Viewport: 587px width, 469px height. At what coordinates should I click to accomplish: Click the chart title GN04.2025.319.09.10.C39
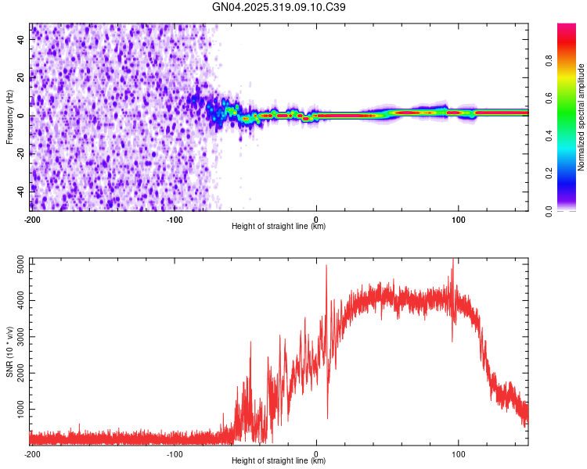click(x=279, y=7)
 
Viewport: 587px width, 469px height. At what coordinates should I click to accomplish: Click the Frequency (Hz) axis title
click(x=9, y=117)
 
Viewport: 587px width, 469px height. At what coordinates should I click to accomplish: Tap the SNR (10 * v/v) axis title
click(x=9, y=352)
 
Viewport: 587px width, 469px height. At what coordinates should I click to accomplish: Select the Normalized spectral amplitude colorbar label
click(x=582, y=117)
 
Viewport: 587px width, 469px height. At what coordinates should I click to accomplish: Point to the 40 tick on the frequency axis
click(x=20, y=41)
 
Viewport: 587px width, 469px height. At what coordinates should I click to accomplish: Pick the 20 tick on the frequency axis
click(x=20, y=78)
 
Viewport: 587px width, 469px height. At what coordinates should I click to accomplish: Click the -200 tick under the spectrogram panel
click(x=31, y=220)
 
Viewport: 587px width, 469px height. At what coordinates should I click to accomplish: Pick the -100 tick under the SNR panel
click(x=174, y=454)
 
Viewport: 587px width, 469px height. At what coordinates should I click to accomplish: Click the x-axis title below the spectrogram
click(x=279, y=227)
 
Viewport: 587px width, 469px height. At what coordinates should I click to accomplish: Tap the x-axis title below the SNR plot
click(x=279, y=461)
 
